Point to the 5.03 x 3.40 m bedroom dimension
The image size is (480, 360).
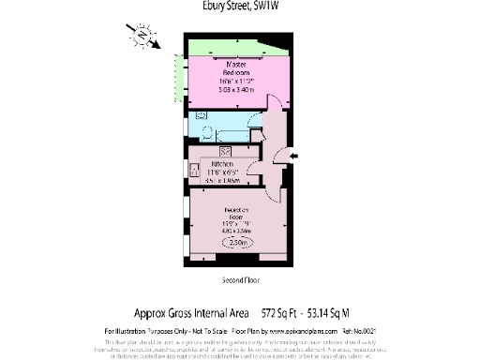[233, 90]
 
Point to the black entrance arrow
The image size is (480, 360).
[295, 155]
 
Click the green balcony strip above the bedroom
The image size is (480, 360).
[234, 48]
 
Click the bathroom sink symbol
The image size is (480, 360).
[202, 114]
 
